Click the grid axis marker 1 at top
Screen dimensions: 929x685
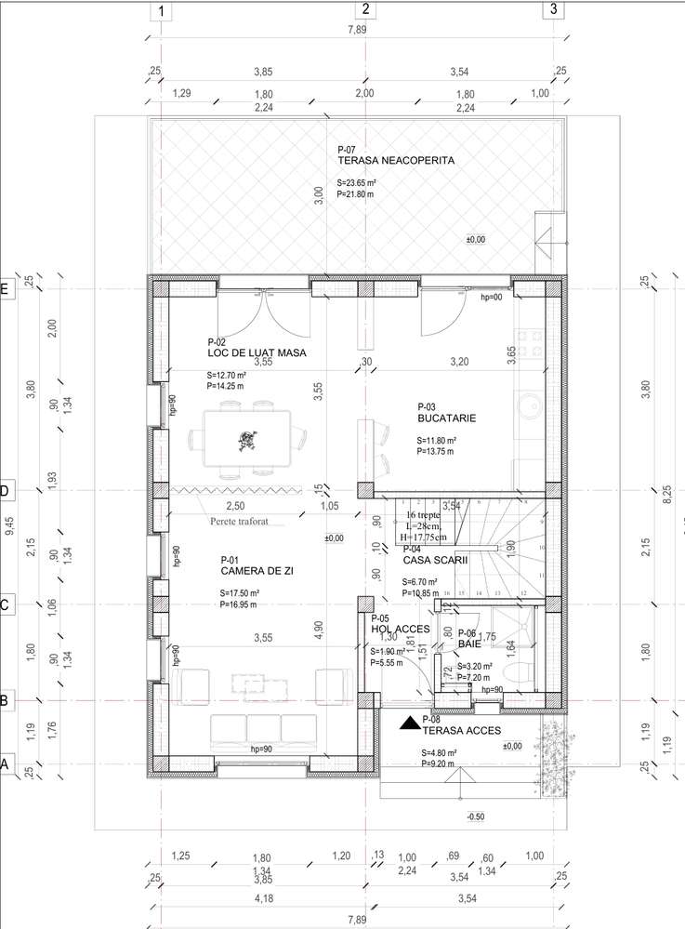[x=162, y=11]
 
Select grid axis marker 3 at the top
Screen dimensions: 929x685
[x=553, y=11]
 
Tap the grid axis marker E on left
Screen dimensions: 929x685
[x=7, y=289]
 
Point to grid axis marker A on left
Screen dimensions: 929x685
[x=7, y=764]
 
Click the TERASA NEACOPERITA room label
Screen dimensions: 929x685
[x=396, y=160]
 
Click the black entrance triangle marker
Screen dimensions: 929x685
[x=408, y=723]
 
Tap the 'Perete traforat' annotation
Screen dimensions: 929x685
[x=239, y=522]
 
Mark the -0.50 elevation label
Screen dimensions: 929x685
[x=475, y=816]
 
